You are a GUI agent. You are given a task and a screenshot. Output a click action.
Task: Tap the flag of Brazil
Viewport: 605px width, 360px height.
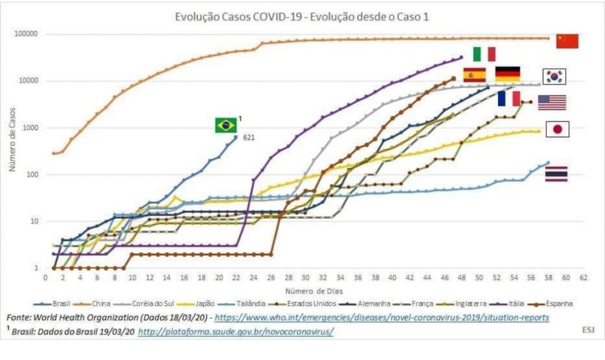coord(225,125)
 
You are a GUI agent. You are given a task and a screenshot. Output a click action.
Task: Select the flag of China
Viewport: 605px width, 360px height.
coord(567,41)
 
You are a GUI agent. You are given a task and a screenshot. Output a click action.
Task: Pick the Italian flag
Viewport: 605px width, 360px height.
coord(484,54)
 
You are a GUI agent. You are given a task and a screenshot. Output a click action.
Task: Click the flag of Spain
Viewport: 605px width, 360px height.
coord(474,75)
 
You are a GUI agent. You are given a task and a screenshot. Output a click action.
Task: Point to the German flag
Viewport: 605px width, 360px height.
coord(508,74)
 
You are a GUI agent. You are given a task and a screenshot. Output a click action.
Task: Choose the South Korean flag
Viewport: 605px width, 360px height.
coord(555,77)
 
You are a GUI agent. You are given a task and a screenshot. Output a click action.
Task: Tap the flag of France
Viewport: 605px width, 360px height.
coord(509,99)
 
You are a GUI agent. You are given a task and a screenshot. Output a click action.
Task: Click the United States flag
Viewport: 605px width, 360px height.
coord(552,103)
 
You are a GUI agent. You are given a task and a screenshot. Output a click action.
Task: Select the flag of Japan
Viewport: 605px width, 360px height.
coord(557,130)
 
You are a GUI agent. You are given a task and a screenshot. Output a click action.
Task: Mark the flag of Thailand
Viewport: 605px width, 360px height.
coord(556,174)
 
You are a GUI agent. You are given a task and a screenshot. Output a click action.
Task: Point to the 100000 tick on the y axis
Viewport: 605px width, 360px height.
coord(25,35)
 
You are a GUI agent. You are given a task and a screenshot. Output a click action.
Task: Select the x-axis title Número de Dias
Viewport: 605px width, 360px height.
coord(314,290)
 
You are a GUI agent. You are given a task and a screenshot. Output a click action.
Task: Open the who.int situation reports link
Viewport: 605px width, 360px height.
coord(382,318)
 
